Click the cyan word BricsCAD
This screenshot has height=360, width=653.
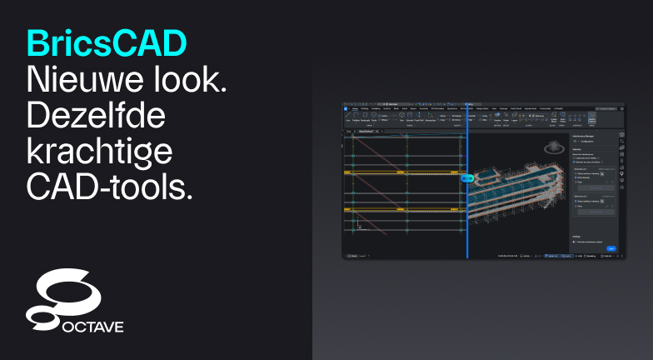point(107,42)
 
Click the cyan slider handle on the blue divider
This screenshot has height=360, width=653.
point(467,177)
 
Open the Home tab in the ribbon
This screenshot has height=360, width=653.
point(355,109)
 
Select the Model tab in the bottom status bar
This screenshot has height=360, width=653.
point(352,256)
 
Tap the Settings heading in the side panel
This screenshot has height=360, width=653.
point(576,236)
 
